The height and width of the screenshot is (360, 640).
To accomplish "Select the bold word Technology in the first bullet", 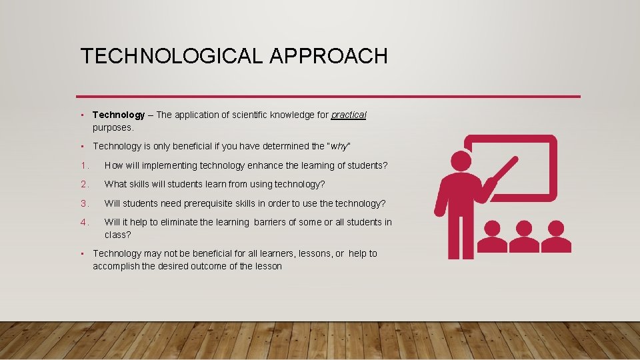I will coord(119,115).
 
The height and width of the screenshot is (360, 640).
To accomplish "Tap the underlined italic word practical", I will coord(349,115).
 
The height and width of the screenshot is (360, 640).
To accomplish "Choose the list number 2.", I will coord(84,184).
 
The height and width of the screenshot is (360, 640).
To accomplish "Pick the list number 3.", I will coord(84,203).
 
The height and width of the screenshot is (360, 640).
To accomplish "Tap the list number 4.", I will coord(84,222).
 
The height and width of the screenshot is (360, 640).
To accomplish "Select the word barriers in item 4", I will coord(275,222).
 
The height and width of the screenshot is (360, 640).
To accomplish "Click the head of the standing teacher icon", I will coord(461,161).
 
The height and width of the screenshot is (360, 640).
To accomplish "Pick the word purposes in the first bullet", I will coord(113,127).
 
